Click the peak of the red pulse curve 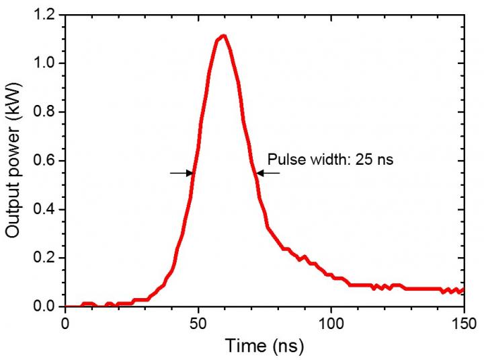223,36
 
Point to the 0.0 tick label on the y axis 46,306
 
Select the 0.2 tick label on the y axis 46,258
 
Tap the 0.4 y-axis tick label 46,209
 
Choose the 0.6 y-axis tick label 46,161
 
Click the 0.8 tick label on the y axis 46,112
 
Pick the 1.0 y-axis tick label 46,64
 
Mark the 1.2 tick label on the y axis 46,15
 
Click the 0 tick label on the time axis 65,323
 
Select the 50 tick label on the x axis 198,323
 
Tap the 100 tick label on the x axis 331,323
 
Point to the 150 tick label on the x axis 463,323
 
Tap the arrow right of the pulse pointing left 268,173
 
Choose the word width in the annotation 325,160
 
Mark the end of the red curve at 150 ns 462,290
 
